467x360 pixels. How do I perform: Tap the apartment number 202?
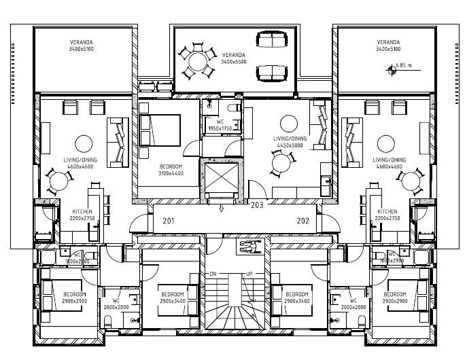coord(304,221)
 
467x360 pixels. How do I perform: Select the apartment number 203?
coord(257,204)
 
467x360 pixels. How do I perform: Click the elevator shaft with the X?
coord(222,178)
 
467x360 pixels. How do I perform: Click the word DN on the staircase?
coord(213,273)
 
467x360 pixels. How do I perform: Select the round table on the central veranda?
coord(198,61)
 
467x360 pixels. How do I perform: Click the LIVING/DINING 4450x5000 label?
coord(290,141)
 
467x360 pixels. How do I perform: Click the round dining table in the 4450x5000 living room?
coord(281,162)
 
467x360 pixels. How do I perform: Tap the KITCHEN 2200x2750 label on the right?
coord(387,215)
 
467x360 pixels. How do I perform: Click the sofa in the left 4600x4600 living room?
coord(118,141)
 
